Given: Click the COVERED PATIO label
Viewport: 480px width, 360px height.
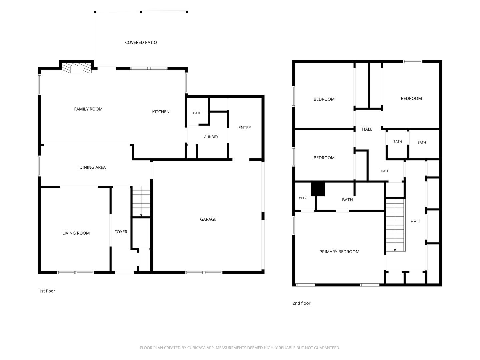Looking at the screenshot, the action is point(141,42).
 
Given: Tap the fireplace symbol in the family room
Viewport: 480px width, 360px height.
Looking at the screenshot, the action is point(77,68).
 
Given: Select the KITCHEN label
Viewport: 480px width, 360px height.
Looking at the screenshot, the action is point(161,112).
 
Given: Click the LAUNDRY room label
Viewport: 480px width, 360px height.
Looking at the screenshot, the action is point(210,137).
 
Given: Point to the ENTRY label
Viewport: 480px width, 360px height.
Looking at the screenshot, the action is point(244,128).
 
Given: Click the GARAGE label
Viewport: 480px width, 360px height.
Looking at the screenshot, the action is point(208,219).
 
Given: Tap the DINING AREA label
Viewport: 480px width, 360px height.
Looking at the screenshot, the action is point(93,167).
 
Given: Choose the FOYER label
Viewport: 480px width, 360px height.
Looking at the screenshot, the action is point(121,232).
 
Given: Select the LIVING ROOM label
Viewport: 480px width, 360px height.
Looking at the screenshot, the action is point(76,233).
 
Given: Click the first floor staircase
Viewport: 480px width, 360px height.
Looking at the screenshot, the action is point(141,201).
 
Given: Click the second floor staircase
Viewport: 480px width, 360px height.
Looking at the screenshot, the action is point(395,225).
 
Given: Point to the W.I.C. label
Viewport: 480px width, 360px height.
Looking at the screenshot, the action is point(303,198).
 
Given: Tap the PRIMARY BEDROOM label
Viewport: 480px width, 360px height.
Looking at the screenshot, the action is point(339,252).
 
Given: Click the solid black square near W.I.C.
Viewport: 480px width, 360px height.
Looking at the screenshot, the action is point(318,189).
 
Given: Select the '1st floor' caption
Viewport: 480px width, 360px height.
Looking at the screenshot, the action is point(47,291).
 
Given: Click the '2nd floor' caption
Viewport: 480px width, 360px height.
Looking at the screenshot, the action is point(301,303).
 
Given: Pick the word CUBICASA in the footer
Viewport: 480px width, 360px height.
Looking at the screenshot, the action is point(196,348).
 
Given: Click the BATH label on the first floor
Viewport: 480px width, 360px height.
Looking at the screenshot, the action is point(197,113).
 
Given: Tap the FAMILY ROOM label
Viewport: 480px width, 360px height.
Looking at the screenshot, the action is point(88,109).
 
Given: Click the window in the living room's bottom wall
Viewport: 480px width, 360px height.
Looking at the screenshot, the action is point(76,273).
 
